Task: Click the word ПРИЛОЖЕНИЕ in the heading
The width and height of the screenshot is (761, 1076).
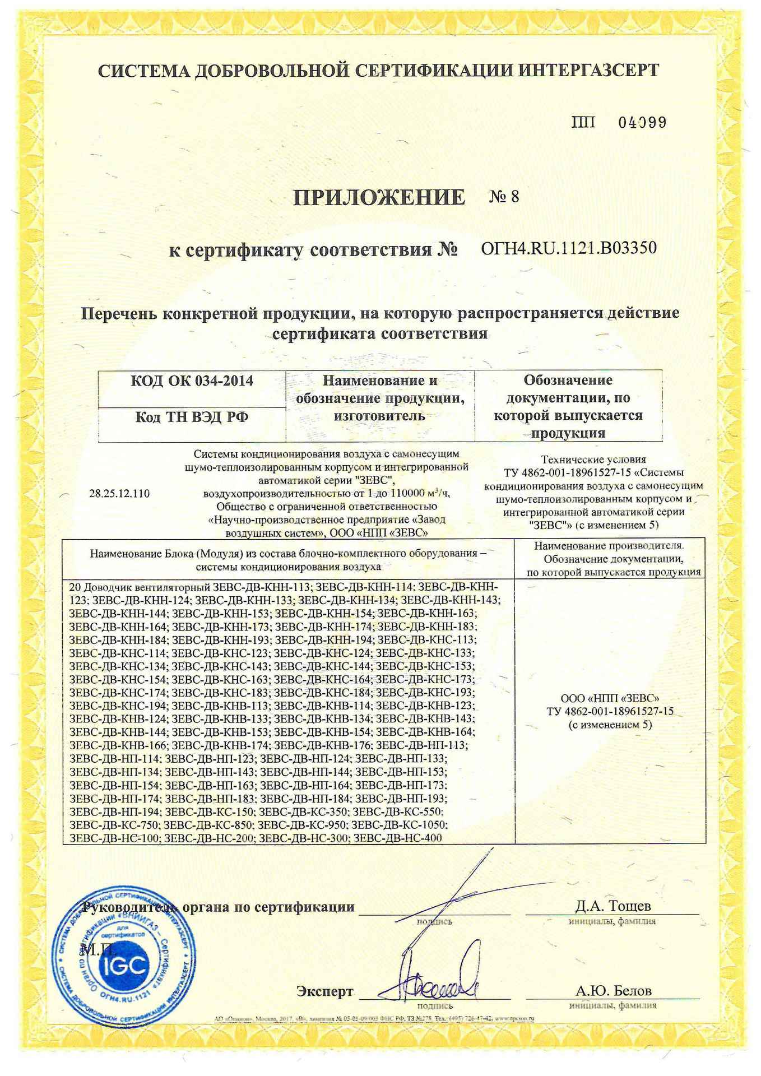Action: click(x=379, y=197)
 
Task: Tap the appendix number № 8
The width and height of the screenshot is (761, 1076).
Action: click(x=504, y=197)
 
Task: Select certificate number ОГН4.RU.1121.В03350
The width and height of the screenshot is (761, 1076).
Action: click(x=569, y=248)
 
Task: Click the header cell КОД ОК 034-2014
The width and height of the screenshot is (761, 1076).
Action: click(x=192, y=382)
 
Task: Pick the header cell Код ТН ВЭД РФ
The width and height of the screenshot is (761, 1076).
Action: click(x=192, y=418)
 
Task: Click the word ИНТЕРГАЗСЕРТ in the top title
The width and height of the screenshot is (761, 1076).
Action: click(x=588, y=71)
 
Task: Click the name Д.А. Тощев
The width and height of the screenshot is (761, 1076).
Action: click(x=612, y=906)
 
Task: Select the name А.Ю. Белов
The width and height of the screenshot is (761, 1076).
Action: click(x=613, y=991)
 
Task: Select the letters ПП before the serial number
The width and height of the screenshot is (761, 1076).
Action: click(x=584, y=123)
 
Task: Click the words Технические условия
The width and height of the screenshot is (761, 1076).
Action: click(x=593, y=460)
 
